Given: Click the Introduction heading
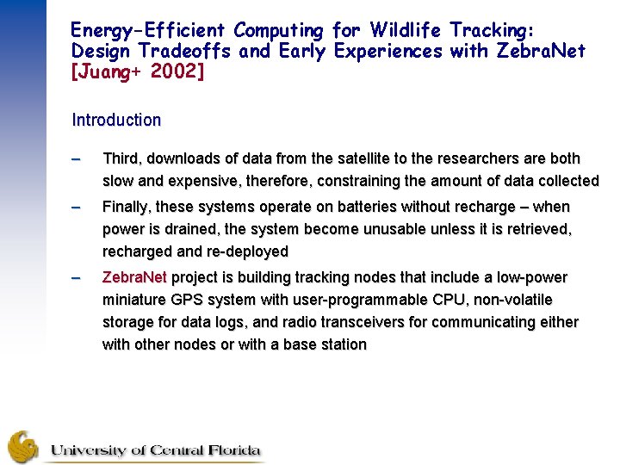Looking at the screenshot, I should pos(116,121).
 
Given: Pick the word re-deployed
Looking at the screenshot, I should pos(245,252).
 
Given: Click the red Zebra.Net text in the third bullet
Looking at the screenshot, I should pos(136,278).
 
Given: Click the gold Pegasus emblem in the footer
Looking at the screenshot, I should pos(24,446).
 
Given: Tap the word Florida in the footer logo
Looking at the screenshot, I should pos(231,450).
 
